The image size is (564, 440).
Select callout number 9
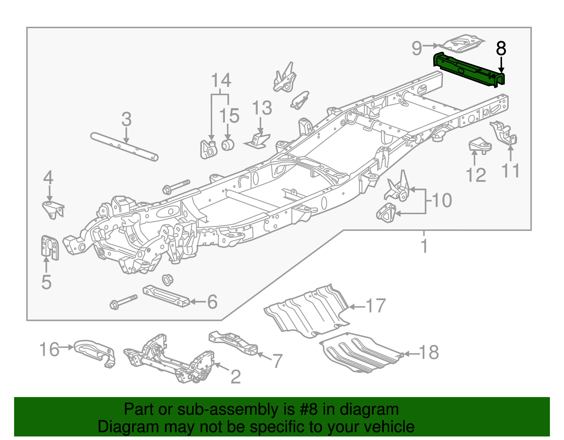417,48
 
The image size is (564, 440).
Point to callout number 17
376,306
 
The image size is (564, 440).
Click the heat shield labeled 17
307,310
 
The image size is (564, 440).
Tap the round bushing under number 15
228,144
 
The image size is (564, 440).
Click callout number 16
49,349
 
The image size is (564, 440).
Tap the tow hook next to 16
94,352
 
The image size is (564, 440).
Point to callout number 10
441,200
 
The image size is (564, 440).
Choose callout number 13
262,108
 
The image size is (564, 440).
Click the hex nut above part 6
167,279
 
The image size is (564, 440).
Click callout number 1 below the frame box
424,246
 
